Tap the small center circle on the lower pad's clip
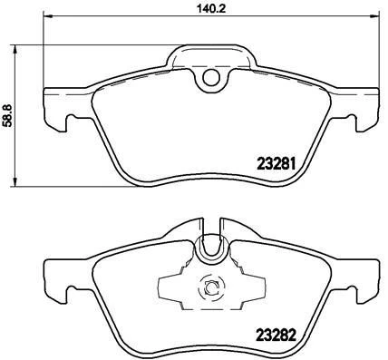[x=210, y=288]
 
